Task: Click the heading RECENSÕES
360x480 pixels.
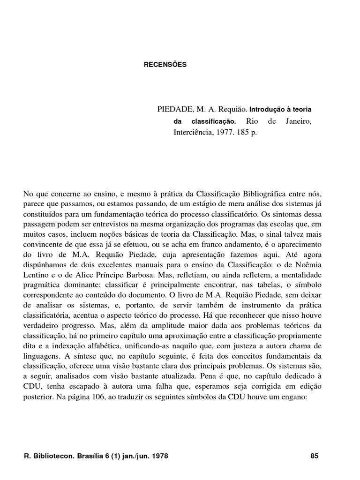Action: point(165,65)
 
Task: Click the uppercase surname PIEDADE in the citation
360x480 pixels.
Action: point(175,109)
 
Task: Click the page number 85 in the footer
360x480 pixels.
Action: point(315,456)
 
